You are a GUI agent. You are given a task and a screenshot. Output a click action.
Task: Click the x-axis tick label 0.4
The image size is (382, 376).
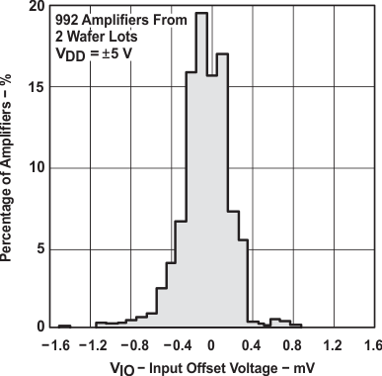252,345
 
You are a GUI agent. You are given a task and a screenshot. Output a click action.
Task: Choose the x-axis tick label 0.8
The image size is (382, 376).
292,345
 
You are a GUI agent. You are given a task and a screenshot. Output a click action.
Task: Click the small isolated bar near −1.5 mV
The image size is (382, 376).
63,326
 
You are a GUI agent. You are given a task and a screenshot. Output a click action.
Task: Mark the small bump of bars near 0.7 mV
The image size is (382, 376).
280,322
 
